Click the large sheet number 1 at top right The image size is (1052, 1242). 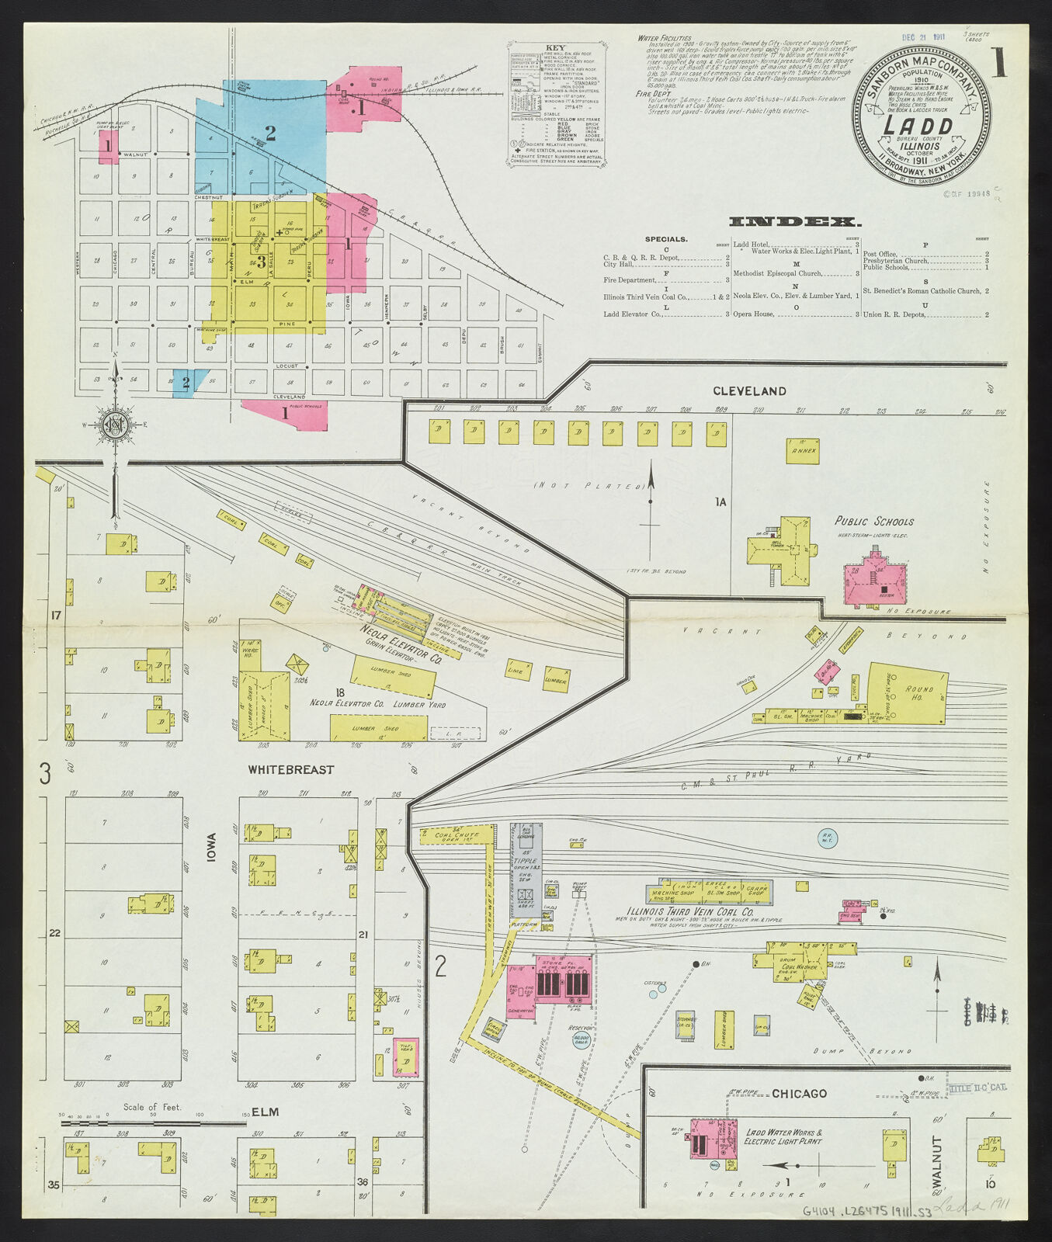pos(998,63)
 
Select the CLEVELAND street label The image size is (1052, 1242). pos(749,391)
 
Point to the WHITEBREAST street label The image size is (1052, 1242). pos(291,770)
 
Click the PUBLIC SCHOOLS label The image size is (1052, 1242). pos(873,522)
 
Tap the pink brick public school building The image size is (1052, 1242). pos(876,578)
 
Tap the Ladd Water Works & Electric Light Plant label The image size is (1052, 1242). pos(783,1137)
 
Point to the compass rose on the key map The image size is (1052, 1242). pos(116,425)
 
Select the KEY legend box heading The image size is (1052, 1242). pos(556,47)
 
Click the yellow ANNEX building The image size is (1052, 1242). pos(803,451)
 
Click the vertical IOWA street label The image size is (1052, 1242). pos(212,846)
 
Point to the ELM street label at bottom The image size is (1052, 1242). pos(264,1112)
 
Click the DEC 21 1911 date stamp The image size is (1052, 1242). pos(922,36)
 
